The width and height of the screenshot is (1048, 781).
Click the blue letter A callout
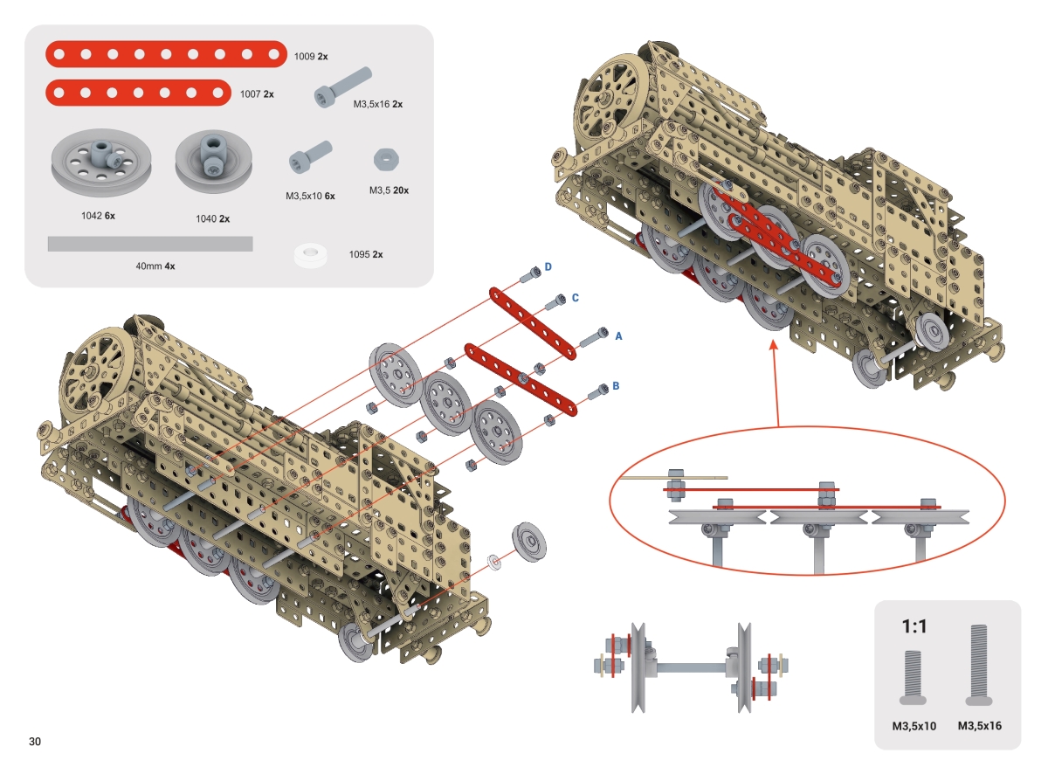tap(618, 335)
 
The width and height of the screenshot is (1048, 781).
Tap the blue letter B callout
tap(616, 384)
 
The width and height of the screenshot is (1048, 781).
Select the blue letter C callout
tap(576, 298)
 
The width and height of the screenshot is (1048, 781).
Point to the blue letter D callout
tap(548, 266)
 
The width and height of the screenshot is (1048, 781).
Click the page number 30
tap(35, 742)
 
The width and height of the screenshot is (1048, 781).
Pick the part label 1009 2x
tap(311, 56)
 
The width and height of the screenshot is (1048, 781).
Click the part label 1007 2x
tap(256, 93)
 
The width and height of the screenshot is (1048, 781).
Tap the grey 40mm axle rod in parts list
tap(149, 244)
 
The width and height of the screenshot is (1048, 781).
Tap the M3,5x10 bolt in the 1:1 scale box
tap(914, 678)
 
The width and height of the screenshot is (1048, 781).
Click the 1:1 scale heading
tap(913, 625)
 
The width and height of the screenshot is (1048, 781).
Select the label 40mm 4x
tap(155, 266)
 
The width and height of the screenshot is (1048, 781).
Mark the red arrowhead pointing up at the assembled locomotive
tap(774, 346)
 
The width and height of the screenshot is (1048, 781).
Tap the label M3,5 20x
tap(389, 190)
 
